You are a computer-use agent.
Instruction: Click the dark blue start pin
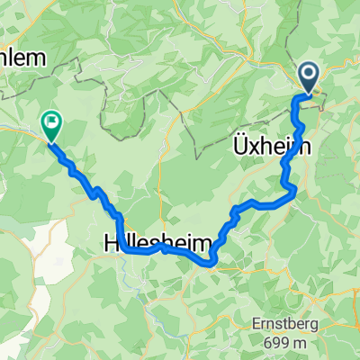[309, 77]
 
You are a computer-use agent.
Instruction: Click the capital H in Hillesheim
[111, 243]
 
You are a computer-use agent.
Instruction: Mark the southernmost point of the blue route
[211, 265]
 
